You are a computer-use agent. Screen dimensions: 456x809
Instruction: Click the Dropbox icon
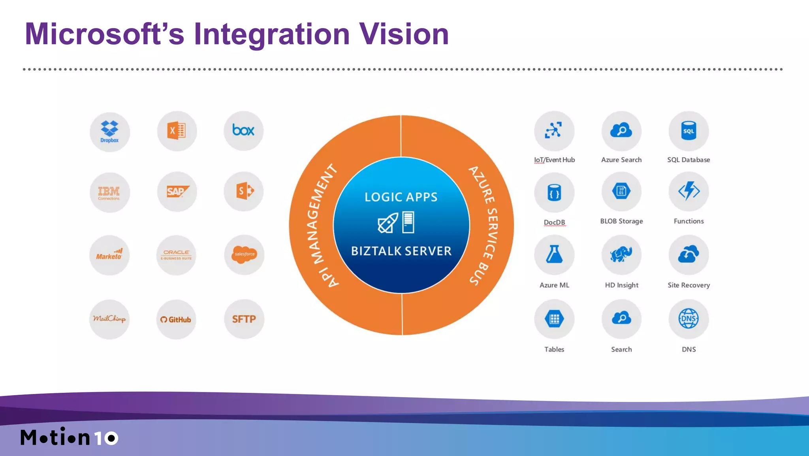click(x=109, y=132)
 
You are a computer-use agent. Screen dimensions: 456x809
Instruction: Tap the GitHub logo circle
click(x=176, y=319)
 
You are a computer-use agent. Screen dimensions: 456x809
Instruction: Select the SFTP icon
click(x=244, y=319)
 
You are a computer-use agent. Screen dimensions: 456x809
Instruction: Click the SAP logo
click(x=177, y=192)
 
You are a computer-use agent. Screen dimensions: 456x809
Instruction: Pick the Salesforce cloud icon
click(x=244, y=254)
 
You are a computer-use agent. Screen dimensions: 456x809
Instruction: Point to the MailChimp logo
click(x=109, y=319)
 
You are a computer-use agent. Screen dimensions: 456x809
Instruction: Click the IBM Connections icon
click(x=109, y=192)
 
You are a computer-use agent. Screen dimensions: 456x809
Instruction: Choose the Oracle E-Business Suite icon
click(x=176, y=255)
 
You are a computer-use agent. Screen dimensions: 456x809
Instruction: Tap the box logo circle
click(x=243, y=130)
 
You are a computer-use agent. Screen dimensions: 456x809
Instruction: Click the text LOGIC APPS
click(x=401, y=197)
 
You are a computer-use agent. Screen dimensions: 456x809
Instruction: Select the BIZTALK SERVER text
click(x=401, y=251)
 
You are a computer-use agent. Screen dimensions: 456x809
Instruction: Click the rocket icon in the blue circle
click(x=388, y=223)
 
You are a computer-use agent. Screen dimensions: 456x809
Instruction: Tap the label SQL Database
click(x=689, y=160)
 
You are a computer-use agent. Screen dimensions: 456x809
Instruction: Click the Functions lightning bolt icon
click(x=689, y=191)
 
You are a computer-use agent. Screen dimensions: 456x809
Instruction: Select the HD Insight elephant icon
click(x=621, y=254)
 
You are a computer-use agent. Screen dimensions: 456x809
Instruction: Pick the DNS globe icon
click(x=689, y=318)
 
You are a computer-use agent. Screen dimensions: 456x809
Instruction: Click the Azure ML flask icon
click(x=554, y=254)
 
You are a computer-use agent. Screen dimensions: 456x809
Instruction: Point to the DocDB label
click(x=554, y=222)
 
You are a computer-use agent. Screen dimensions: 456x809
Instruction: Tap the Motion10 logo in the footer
click(x=69, y=437)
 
